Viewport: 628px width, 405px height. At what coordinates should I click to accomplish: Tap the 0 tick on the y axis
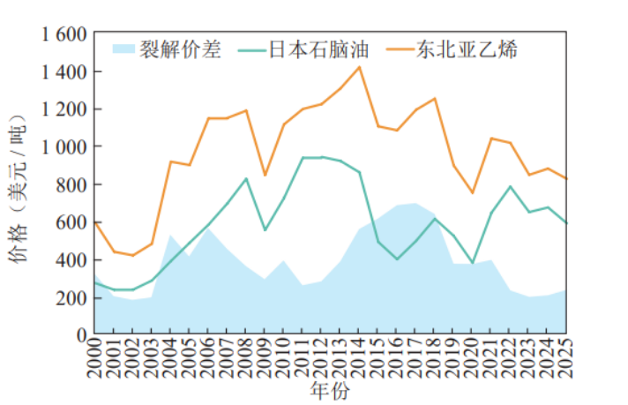coord(81,335)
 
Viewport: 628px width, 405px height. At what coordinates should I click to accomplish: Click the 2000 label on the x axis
coord(94,358)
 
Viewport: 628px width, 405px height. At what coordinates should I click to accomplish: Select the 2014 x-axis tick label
coord(359,358)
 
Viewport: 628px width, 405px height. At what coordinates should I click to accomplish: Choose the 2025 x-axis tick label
coord(566,358)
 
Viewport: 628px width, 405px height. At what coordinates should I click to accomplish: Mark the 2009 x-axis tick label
coord(265,358)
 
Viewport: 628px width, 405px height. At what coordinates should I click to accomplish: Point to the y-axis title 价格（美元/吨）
coord(19,185)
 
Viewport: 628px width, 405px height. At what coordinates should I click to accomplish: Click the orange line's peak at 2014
coord(359,67)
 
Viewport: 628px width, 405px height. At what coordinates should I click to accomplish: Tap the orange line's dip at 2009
coord(265,175)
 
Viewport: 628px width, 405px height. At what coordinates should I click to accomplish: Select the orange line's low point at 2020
coord(472,192)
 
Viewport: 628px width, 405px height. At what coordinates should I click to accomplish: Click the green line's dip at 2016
coord(397,259)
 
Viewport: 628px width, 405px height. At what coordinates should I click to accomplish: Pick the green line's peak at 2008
coord(246,178)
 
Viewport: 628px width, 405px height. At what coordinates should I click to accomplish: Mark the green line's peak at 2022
coord(510,186)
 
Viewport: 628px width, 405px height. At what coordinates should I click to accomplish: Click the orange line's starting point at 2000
coord(94,222)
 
